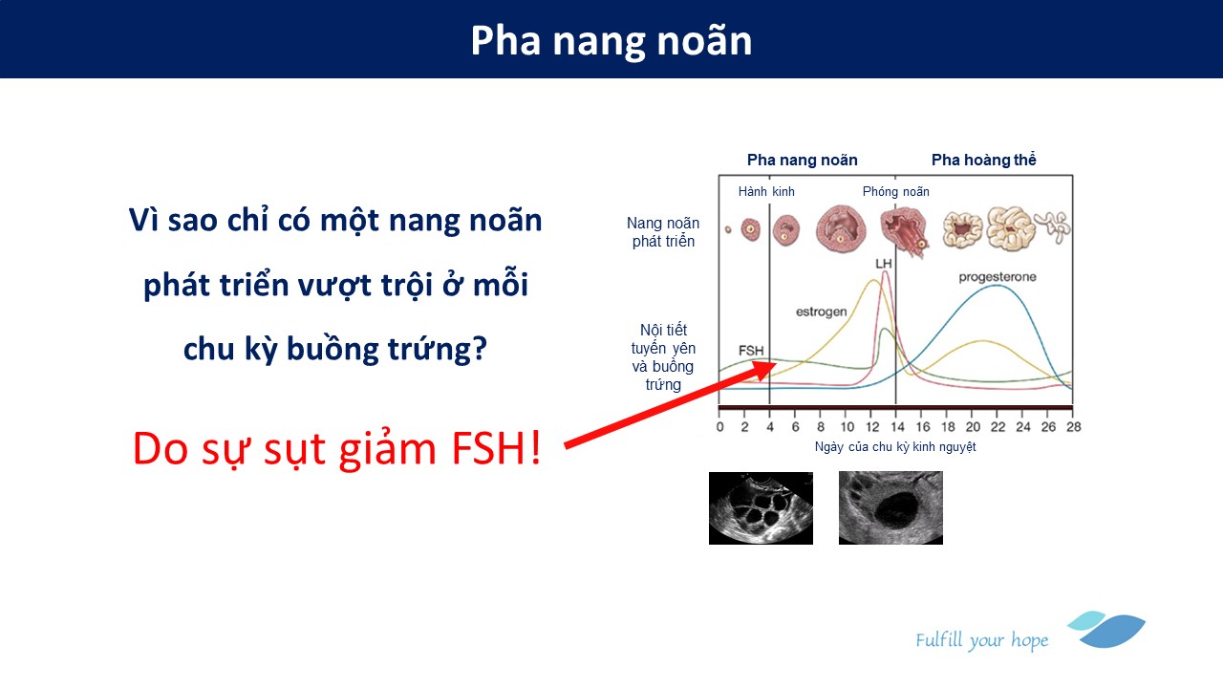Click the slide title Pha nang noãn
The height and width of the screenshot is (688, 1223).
pos(611,41)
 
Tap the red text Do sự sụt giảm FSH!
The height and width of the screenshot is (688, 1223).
pos(337,449)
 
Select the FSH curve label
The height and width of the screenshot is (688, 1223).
pos(751,351)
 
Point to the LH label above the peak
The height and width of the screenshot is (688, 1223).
pos(884,264)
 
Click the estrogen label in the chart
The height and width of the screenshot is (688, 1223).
pos(821,312)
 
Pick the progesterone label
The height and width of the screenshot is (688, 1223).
pos(998,277)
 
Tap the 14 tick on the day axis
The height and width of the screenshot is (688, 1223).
pos(897,427)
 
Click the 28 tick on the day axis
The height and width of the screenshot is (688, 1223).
pos(1073,427)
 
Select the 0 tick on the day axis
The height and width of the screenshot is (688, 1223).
pos(720,427)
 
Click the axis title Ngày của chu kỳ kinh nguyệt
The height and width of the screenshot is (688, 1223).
pos(895,447)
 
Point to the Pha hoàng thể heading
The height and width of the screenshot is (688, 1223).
pos(984,160)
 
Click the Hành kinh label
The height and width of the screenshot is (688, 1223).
pos(766,192)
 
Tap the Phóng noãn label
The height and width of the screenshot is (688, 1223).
pos(896,192)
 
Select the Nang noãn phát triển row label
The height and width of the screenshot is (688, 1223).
pos(663,232)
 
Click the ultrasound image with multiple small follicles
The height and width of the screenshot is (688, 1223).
pos(761,508)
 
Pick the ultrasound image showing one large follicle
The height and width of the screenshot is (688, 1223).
pos(890,507)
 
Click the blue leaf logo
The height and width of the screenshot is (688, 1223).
pos(1106,630)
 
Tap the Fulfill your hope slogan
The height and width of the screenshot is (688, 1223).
pos(981,640)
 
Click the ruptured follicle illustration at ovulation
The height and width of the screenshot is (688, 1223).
pos(903,230)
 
